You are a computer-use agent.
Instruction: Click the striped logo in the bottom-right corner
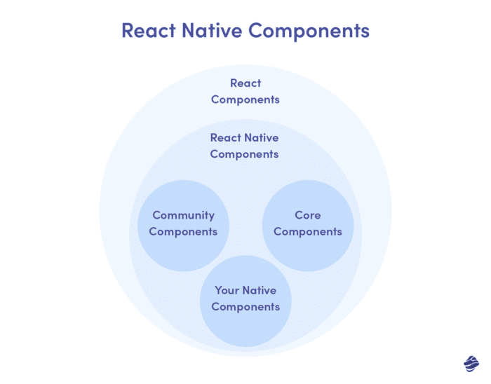click(471, 363)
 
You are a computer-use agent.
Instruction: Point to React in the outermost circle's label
click(245, 83)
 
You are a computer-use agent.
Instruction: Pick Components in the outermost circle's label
click(245, 100)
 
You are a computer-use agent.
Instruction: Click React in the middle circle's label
click(225, 138)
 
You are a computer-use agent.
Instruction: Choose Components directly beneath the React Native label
click(245, 154)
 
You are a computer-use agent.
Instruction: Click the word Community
click(183, 215)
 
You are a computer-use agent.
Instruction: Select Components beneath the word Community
click(183, 232)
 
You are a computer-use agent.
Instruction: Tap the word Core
click(308, 215)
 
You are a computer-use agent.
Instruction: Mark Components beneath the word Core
click(308, 232)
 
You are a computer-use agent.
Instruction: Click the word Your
click(227, 290)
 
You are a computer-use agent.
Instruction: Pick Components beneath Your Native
click(245, 307)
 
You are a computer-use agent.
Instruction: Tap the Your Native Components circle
click(245, 329)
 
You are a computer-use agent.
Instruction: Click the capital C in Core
click(299, 215)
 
